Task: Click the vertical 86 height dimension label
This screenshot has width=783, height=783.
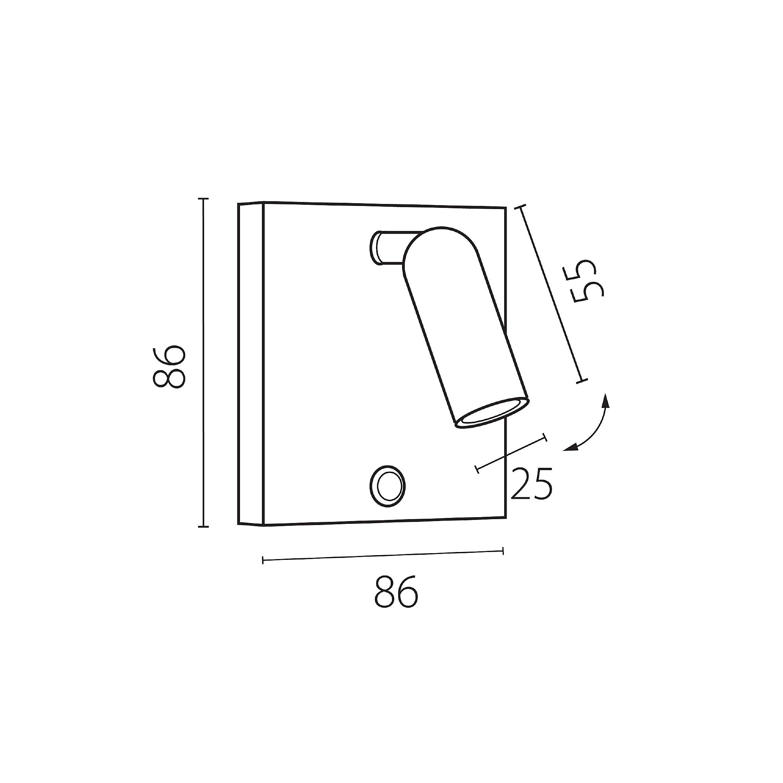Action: (170, 367)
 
